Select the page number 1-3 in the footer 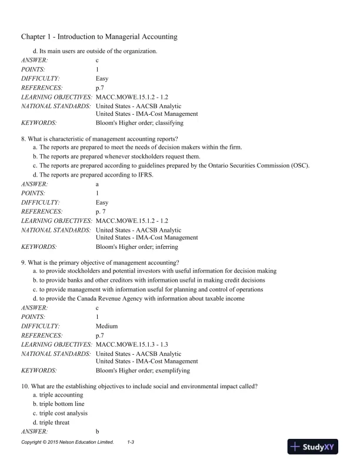pyautogui.click(x=132, y=441)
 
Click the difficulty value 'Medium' pyautogui.click(x=106, y=325)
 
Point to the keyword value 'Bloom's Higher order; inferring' pyautogui.click(x=136, y=247)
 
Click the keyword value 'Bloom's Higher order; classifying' pyautogui.click(x=139, y=123)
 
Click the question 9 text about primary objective pyautogui.click(x=100, y=262)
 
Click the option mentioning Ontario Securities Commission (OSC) pyautogui.click(x=171, y=166)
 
